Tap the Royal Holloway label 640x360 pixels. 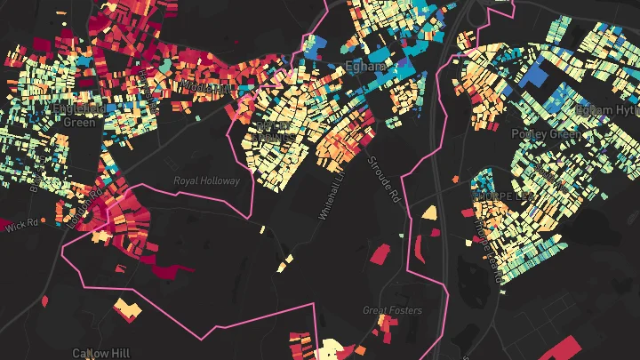pos(206,180)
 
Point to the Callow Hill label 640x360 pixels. pos(100,353)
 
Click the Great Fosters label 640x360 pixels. pos(392,310)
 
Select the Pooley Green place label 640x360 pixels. pos(546,133)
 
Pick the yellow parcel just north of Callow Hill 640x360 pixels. pos(126,308)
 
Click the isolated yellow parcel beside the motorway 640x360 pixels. pos(429,212)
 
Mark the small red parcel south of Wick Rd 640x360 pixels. pos(44,301)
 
